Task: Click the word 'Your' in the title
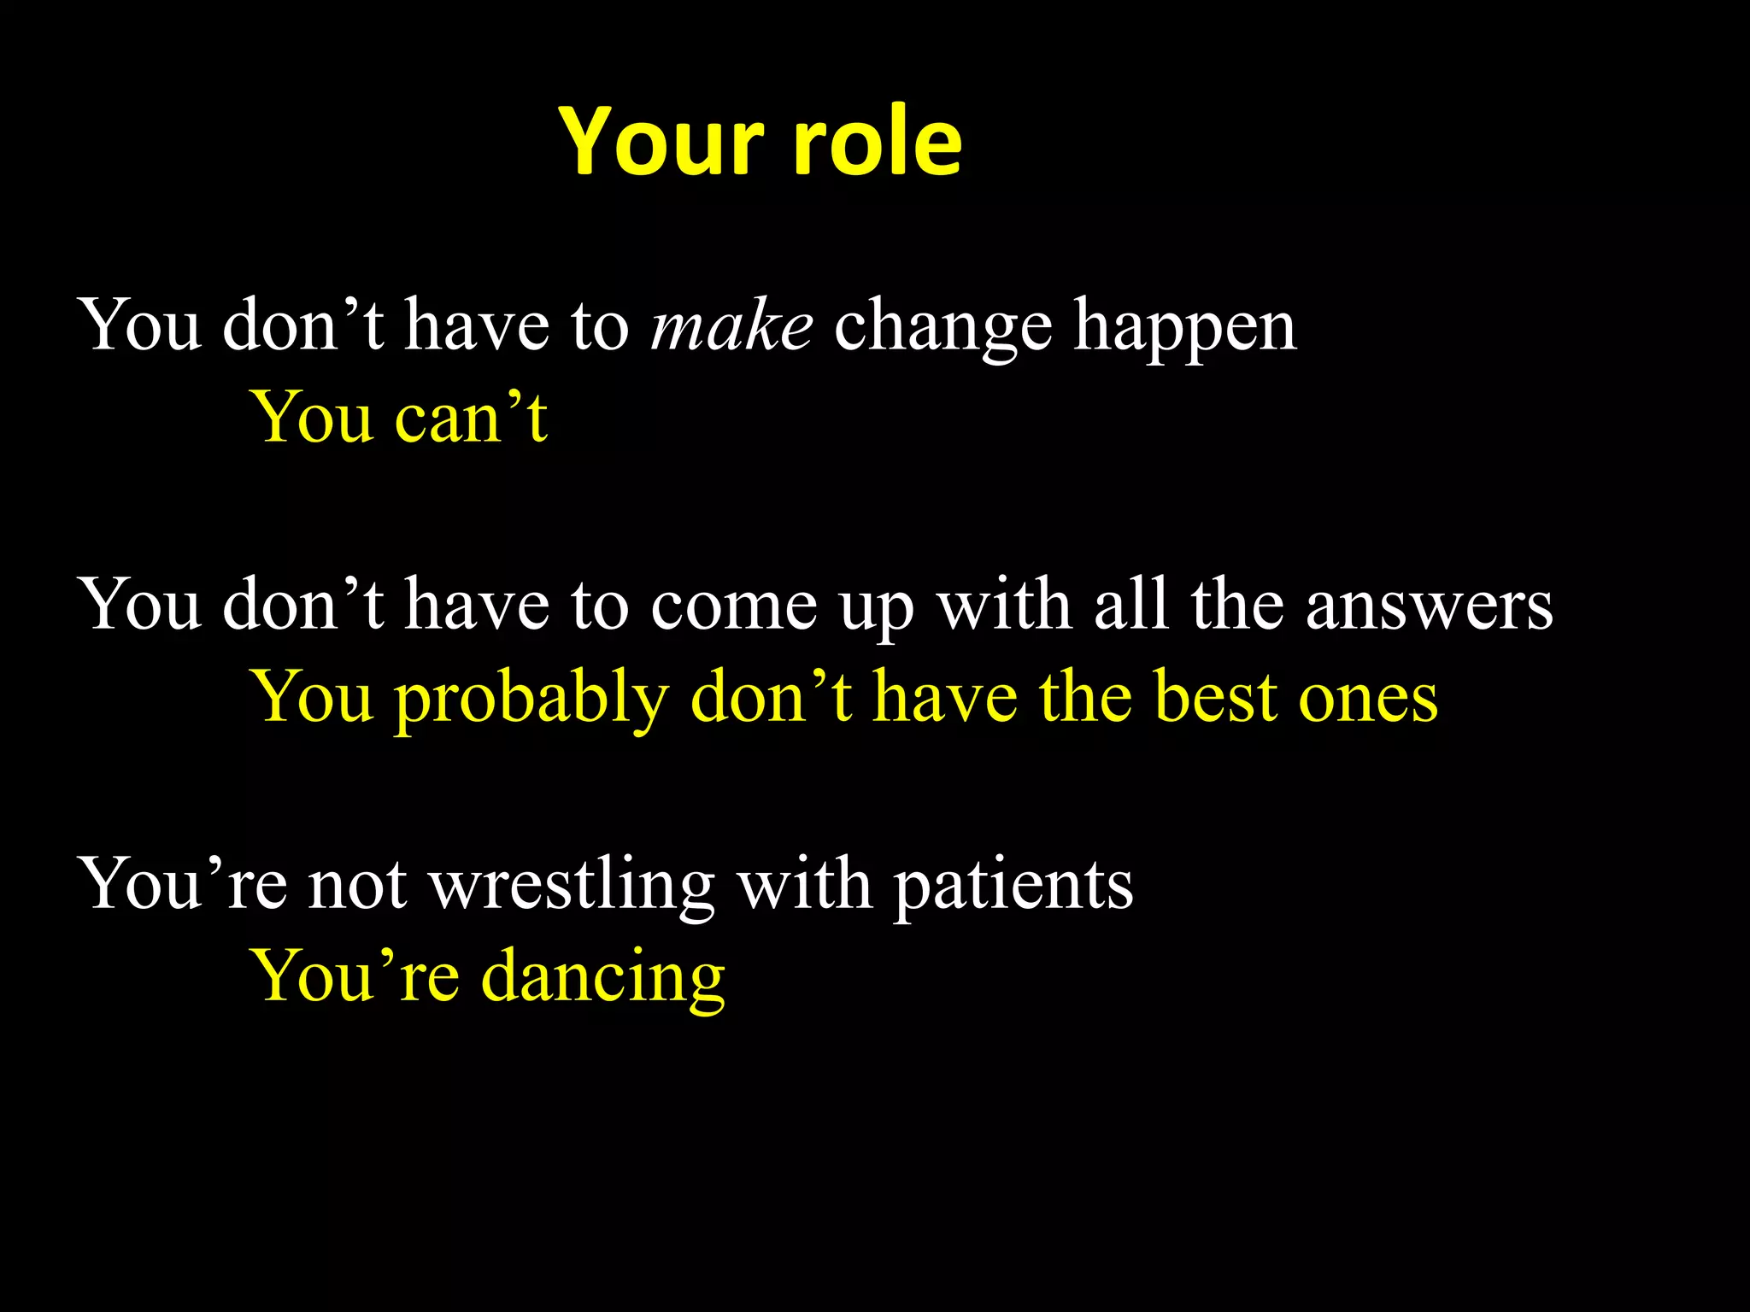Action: click(661, 143)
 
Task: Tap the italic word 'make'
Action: click(731, 327)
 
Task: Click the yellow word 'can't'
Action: click(471, 418)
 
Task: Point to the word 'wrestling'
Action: click(572, 886)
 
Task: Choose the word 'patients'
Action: click(1013, 886)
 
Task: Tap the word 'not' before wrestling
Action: click(357, 886)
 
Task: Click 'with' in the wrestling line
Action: click(804, 884)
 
